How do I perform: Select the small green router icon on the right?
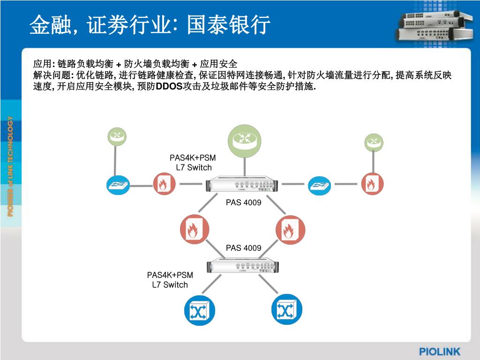click(374, 142)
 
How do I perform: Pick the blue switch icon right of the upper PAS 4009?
click(319, 186)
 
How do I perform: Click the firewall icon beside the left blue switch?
click(164, 184)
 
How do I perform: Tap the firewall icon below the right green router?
click(373, 184)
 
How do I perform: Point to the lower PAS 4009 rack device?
click(244, 266)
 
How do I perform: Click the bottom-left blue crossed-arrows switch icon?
click(199, 310)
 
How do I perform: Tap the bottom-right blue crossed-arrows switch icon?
click(286, 310)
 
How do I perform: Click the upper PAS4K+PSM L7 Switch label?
click(193, 163)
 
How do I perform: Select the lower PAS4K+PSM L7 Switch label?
click(170, 280)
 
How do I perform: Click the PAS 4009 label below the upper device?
click(243, 203)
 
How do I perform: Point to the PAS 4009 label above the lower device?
click(243, 248)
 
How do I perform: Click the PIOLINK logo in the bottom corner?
click(439, 351)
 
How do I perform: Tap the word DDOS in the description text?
click(169, 87)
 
